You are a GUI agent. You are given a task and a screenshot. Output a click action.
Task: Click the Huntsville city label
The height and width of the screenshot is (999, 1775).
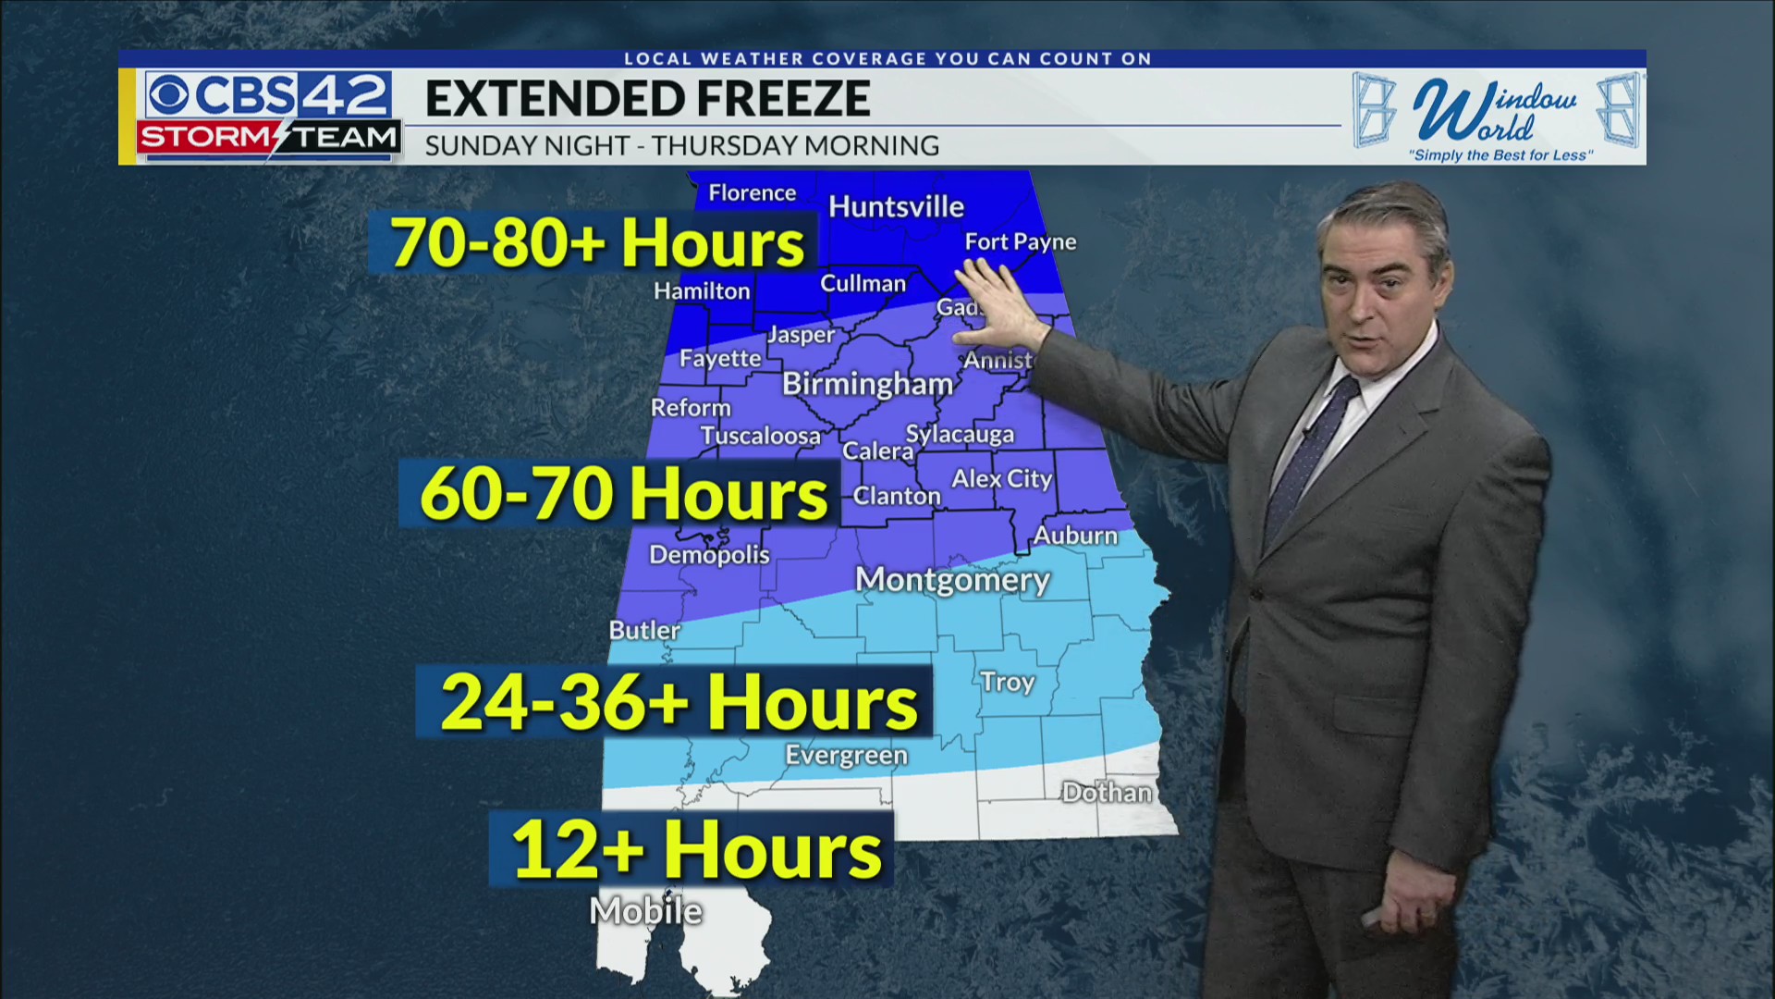click(x=896, y=206)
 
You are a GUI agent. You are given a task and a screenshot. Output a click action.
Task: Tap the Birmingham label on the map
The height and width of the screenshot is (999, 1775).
click(x=867, y=384)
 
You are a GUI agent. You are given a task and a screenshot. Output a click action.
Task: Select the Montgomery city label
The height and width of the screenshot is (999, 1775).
click(x=952, y=580)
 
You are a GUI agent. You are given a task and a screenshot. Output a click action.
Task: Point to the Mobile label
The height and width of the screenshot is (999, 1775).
click(x=646, y=911)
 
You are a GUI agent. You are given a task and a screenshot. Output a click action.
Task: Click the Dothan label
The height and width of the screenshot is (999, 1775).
click(x=1107, y=793)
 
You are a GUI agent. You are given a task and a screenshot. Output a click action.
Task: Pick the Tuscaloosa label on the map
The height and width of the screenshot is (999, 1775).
click(x=760, y=436)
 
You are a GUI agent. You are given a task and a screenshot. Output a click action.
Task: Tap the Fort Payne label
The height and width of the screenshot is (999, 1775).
click(x=1020, y=242)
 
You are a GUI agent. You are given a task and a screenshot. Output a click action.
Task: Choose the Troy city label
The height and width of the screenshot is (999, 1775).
click(x=1008, y=682)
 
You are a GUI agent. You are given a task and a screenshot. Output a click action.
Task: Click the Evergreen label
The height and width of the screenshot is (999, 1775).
click(x=846, y=756)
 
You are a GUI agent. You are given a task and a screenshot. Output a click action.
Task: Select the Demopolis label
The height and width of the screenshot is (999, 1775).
click(x=709, y=555)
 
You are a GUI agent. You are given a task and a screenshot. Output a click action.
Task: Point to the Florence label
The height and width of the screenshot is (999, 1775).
click(x=752, y=193)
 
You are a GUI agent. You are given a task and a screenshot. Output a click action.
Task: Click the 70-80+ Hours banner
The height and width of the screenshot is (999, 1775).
click(x=596, y=243)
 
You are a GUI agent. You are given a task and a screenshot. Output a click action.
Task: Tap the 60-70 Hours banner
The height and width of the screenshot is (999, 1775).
click(x=623, y=493)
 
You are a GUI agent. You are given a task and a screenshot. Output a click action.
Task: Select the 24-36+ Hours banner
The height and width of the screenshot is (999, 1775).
click(x=678, y=702)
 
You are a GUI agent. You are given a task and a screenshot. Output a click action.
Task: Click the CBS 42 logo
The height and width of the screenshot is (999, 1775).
click(x=268, y=94)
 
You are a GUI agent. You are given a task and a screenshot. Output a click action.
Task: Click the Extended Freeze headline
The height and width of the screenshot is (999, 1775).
click(x=647, y=99)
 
